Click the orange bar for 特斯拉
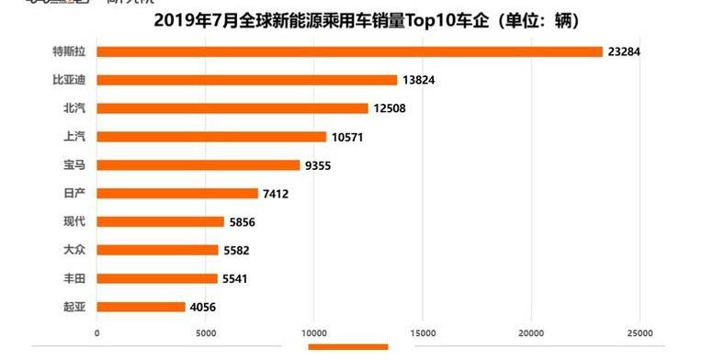pos(349,52)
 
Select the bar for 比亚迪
pos(246,81)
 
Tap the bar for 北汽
pos(232,108)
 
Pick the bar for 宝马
pos(198,165)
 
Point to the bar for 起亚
pos(141,307)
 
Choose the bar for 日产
pos(177,194)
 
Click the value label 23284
pos(623,52)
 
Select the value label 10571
pos(349,137)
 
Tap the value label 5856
pos(244,222)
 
